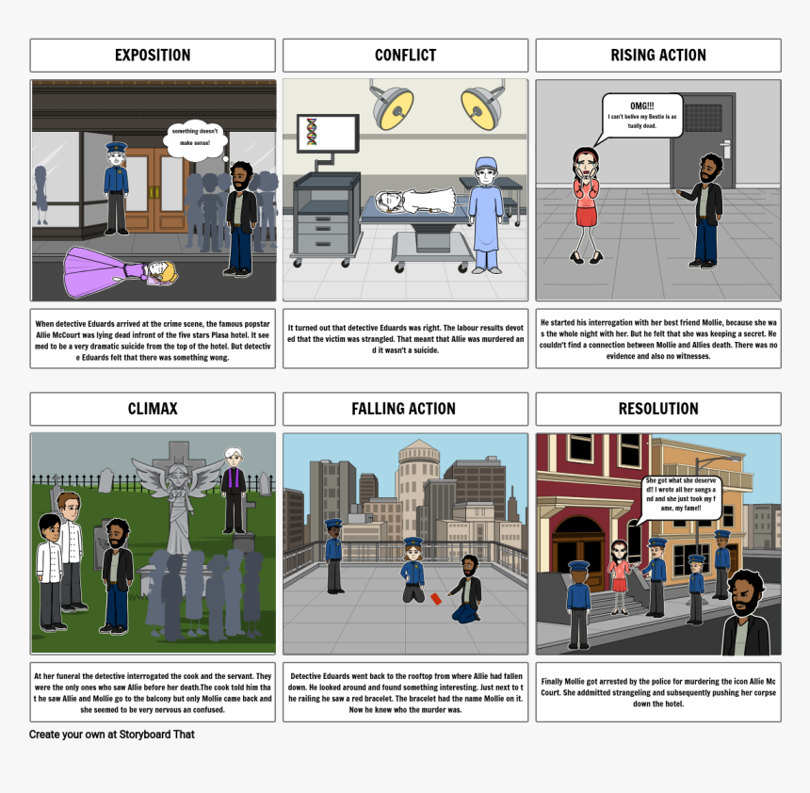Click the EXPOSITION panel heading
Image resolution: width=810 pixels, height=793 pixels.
click(153, 56)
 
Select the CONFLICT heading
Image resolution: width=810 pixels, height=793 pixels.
click(405, 56)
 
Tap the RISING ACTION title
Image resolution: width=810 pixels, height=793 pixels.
click(657, 56)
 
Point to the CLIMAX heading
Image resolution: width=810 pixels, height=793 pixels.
click(153, 409)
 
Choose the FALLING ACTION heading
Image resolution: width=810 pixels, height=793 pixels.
click(405, 409)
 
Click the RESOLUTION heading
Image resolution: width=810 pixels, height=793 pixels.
click(657, 409)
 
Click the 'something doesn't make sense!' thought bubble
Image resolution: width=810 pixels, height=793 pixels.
click(196, 137)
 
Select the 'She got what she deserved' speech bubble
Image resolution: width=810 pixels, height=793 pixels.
click(682, 497)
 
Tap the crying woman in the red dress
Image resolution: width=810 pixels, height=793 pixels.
click(585, 201)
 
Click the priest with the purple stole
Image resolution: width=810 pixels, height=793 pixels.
click(233, 489)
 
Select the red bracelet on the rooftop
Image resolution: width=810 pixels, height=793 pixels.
click(435, 597)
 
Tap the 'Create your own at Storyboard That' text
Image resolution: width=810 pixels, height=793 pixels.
click(112, 735)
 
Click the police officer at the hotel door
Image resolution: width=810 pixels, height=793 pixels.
click(116, 187)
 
